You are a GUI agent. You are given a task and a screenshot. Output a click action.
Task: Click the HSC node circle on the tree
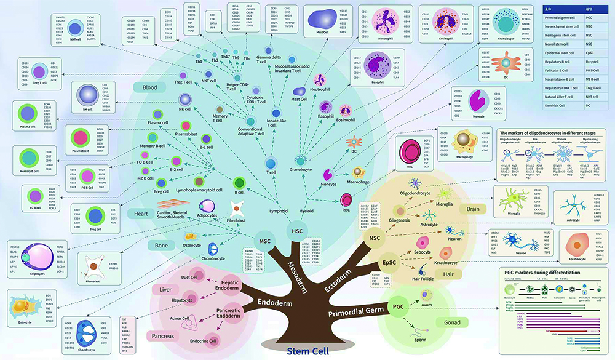(298, 231)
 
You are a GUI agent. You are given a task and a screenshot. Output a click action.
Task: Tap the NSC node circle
(373, 237)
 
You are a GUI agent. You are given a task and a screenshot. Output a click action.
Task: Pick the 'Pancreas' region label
(162, 336)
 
